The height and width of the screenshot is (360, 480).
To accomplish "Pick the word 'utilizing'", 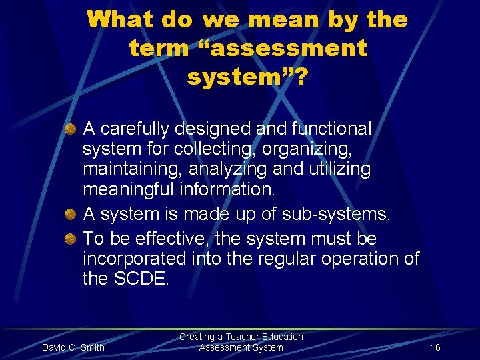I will (x=339, y=169).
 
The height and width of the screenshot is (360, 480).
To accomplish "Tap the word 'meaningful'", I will (x=128, y=190).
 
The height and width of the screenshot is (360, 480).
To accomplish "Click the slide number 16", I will (x=435, y=347).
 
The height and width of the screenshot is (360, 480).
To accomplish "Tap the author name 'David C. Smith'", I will (x=73, y=347).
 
